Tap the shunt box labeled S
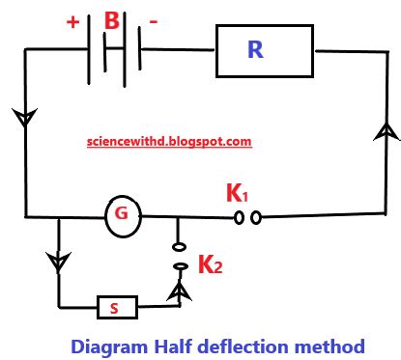[116, 308]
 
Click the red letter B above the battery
[114, 20]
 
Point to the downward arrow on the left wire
[21, 119]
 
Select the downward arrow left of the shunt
[59, 262]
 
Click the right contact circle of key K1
[256, 218]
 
